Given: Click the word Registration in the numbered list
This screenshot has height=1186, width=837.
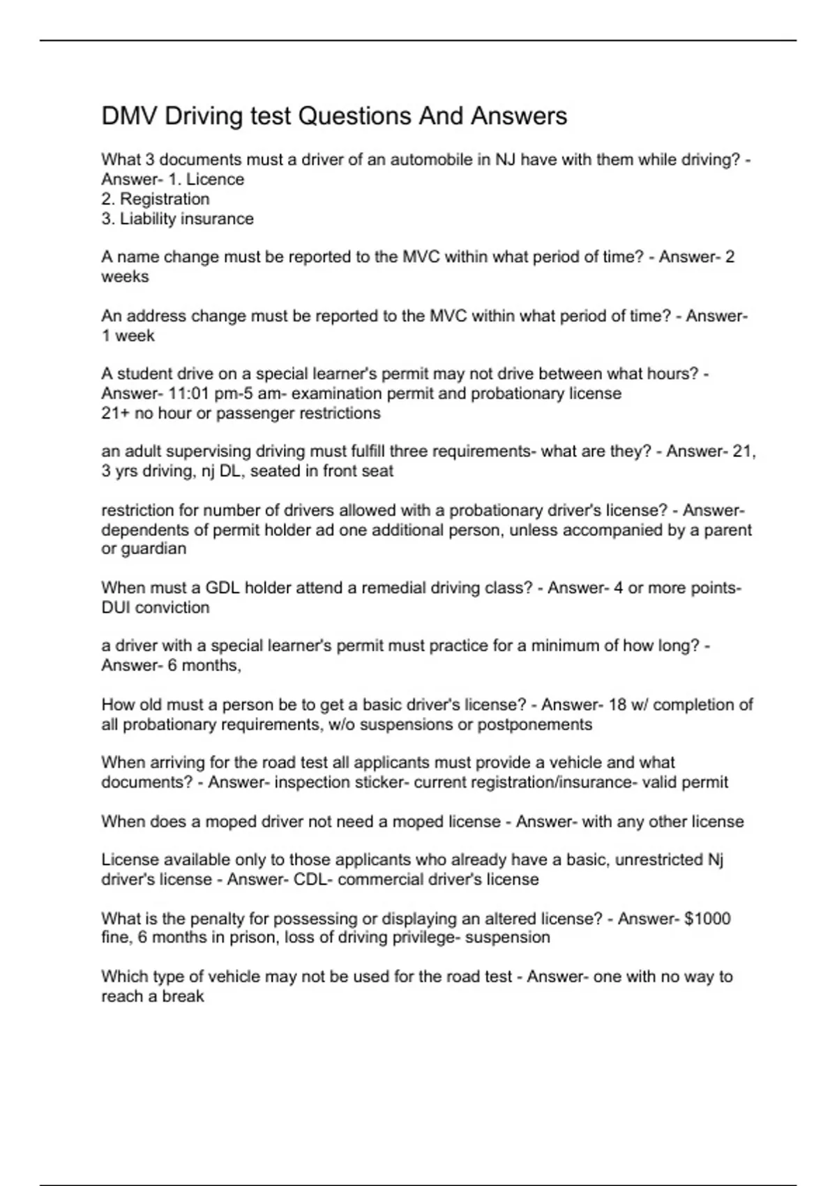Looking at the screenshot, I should tap(165, 200).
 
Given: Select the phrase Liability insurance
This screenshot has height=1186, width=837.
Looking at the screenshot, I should tap(186, 219).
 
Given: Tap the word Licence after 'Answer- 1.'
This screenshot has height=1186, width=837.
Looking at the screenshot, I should tap(215, 180).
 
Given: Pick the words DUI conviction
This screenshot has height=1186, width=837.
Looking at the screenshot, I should tap(156, 608).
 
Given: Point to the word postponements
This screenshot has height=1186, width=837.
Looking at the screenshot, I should tap(534, 725).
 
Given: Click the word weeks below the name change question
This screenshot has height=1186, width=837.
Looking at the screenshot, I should tap(125, 277).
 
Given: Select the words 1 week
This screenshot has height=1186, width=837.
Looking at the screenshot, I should tap(128, 336).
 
